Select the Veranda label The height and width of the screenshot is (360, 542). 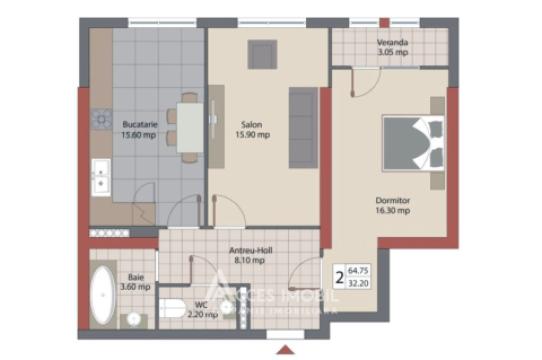pyautogui.click(x=392, y=43)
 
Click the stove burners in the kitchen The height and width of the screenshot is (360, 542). pyautogui.click(x=100, y=120)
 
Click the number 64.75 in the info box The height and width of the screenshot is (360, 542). pyautogui.click(x=359, y=270)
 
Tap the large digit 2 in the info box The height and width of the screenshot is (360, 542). pyautogui.click(x=339, y=277)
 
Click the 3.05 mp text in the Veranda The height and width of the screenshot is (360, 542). pyautogui.click(x=392, y=54)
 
